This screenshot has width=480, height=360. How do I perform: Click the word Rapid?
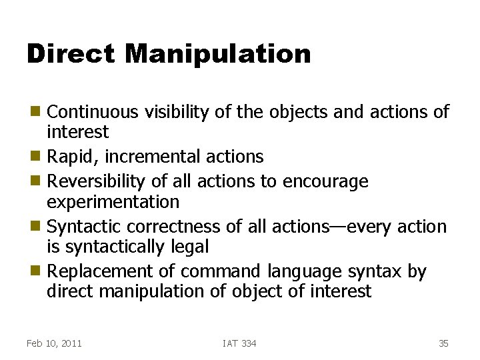[73, 157]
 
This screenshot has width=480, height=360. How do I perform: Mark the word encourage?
[326, 181]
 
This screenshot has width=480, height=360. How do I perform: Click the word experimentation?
[113, 201]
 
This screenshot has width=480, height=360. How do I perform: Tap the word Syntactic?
[84, 227]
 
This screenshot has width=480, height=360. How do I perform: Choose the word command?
[221, 271]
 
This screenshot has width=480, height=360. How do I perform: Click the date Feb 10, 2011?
[54, 343]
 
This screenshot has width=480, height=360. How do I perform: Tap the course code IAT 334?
[239, 343]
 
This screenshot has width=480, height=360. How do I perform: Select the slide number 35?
[443, 343]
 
